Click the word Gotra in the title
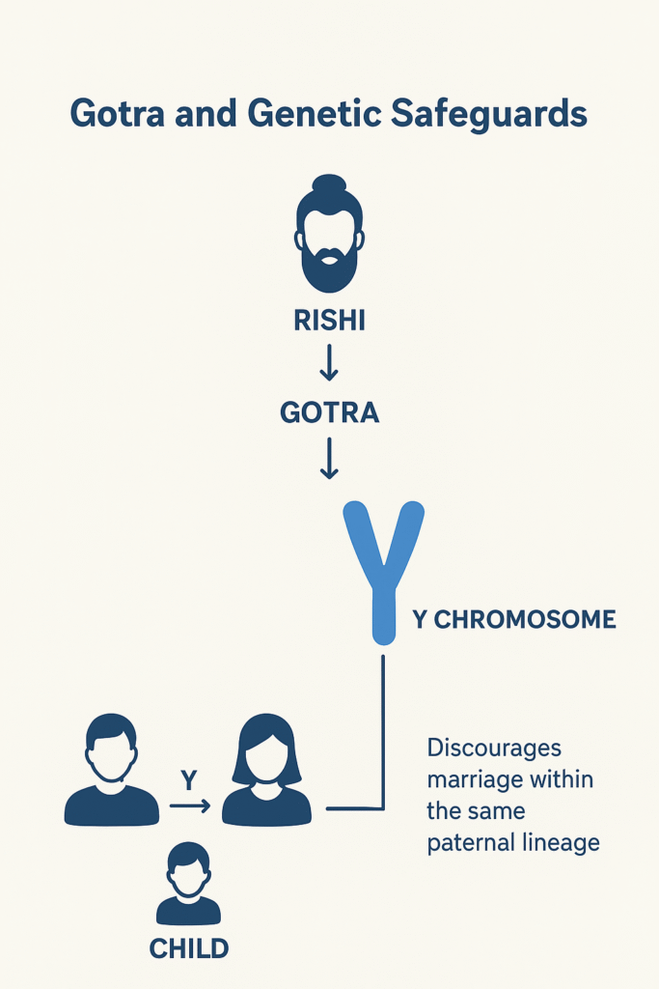click(117, 114)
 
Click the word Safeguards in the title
click(489, 115)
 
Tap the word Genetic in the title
click(315, 114)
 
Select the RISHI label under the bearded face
click(330, 321)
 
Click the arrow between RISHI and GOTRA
click(329, 363)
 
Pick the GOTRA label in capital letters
click(330, 413)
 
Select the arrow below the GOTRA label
click(329, 459)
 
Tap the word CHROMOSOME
click(525, 619)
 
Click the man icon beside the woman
click(112, 770)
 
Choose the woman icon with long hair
click(266, 770)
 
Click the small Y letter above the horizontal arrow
click(189, 780)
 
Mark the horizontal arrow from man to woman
click(190, 805)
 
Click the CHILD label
click(189, 948)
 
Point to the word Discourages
click(494, 749)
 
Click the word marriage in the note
click(467, 780)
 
